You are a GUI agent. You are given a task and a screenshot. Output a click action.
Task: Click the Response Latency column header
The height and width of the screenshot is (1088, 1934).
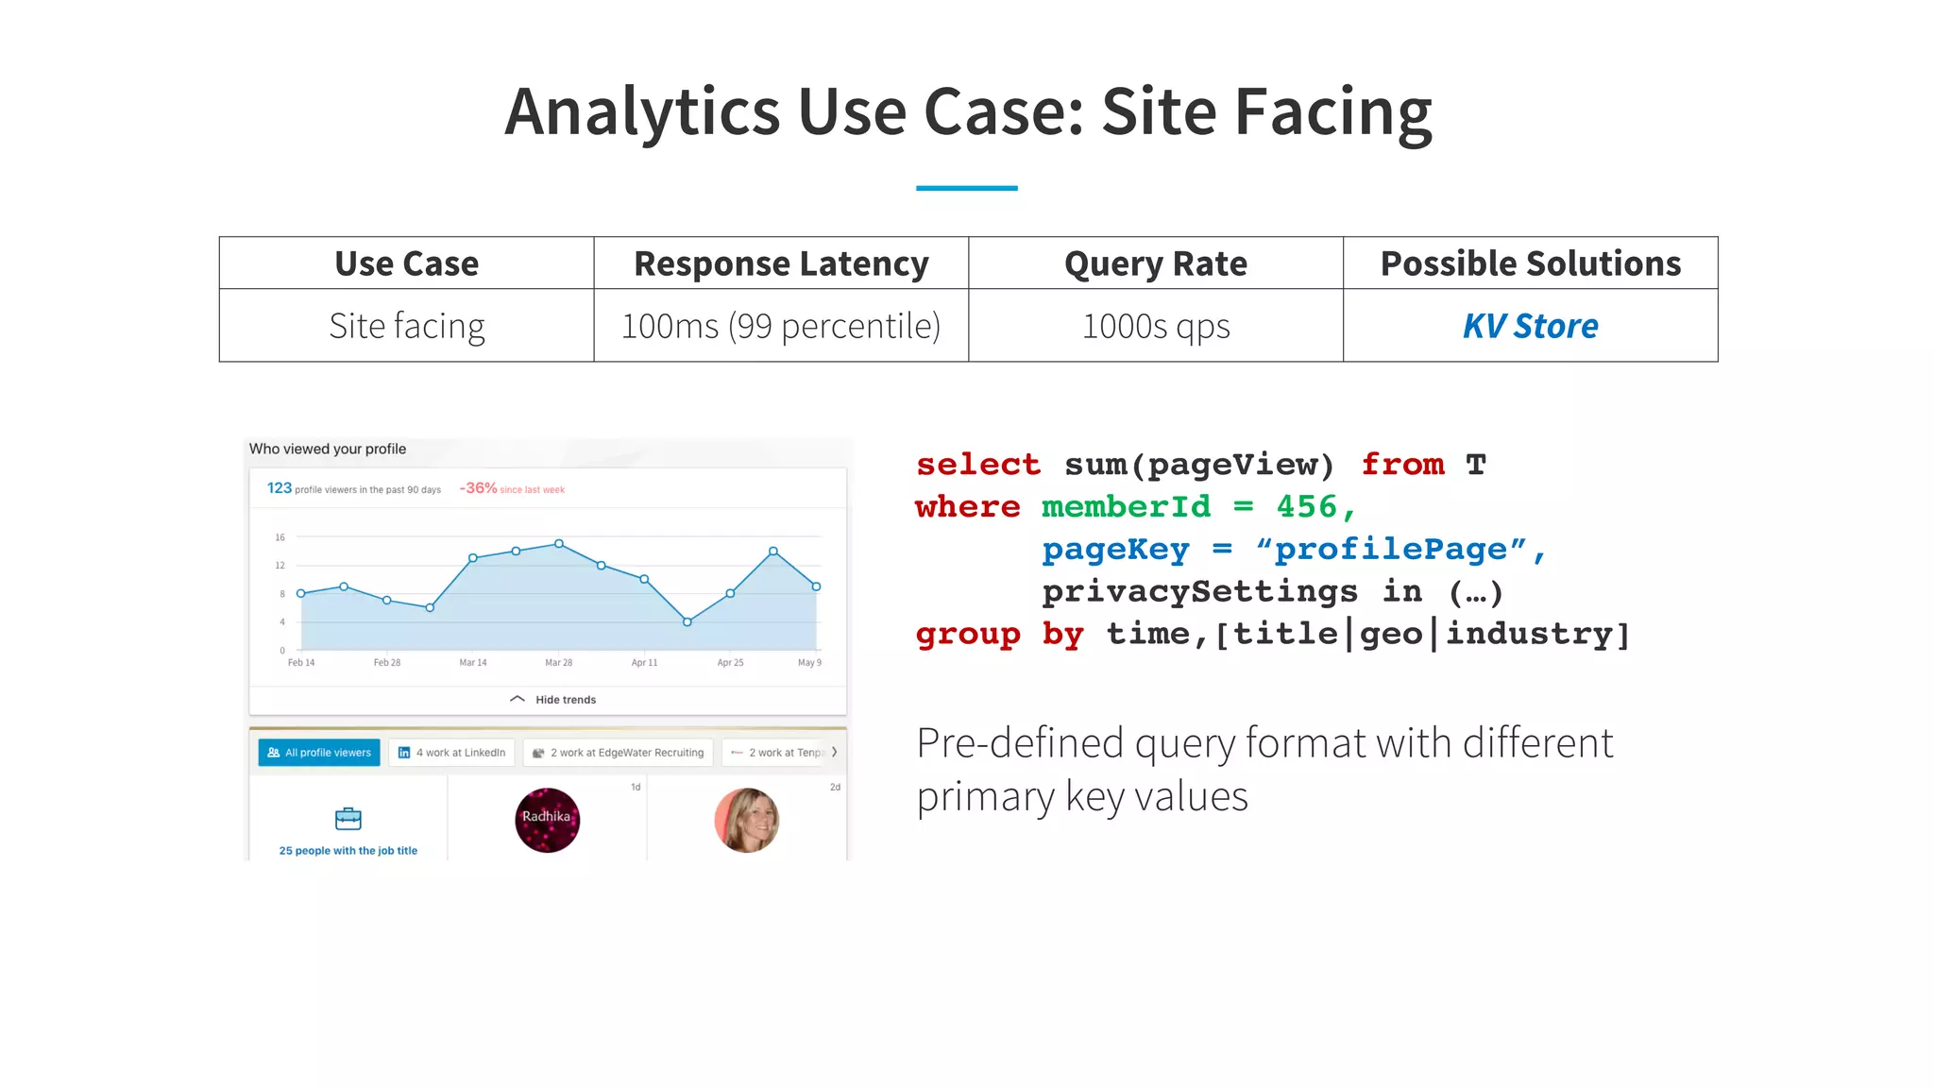point(781,263)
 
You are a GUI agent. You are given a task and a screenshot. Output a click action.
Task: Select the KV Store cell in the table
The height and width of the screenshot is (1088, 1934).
point(1530,326)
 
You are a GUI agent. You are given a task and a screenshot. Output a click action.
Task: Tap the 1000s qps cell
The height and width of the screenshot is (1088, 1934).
point(1156,326)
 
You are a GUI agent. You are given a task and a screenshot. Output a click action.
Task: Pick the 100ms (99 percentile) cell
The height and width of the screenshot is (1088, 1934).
point(781,326)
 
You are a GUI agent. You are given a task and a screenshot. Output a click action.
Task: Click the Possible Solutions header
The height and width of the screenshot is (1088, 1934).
point(1530,263)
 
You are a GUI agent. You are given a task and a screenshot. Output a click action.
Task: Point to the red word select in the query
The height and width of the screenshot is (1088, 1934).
point(978,465)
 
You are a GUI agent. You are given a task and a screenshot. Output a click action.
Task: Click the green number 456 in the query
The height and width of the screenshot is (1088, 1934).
point(1306,507)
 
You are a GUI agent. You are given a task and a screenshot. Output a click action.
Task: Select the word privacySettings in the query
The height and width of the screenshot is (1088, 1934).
point(1199,592)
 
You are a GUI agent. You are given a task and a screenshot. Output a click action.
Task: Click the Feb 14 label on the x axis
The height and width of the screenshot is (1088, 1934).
point(301,663)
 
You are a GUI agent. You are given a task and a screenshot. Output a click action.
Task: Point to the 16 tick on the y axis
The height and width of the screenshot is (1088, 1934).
point(280,537)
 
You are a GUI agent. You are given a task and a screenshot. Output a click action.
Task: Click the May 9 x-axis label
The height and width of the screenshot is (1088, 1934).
point(809,663)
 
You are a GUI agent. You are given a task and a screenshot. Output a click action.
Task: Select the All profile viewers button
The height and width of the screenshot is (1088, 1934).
point(319,753)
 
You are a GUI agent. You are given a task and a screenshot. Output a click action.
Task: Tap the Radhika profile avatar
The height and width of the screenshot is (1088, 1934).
point(547,820)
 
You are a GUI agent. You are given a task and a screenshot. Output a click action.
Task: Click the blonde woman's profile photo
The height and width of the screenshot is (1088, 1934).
point(746,820)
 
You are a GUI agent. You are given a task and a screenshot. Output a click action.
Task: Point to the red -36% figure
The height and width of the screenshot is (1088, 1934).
point(478,488)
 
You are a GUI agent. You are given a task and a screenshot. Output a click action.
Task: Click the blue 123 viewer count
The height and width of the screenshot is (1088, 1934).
point(280,488)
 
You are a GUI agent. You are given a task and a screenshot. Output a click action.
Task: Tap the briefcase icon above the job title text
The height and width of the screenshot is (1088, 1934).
point(348,818)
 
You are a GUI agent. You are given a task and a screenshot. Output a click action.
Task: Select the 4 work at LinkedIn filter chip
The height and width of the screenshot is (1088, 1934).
point(452,753)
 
